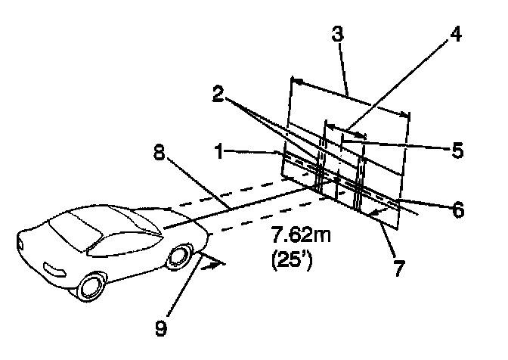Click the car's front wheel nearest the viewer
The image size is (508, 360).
[93, 288]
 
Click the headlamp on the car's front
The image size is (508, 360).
[56, 270]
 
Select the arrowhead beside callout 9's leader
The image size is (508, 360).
[220, 262]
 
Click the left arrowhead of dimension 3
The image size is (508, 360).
[294, 79]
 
